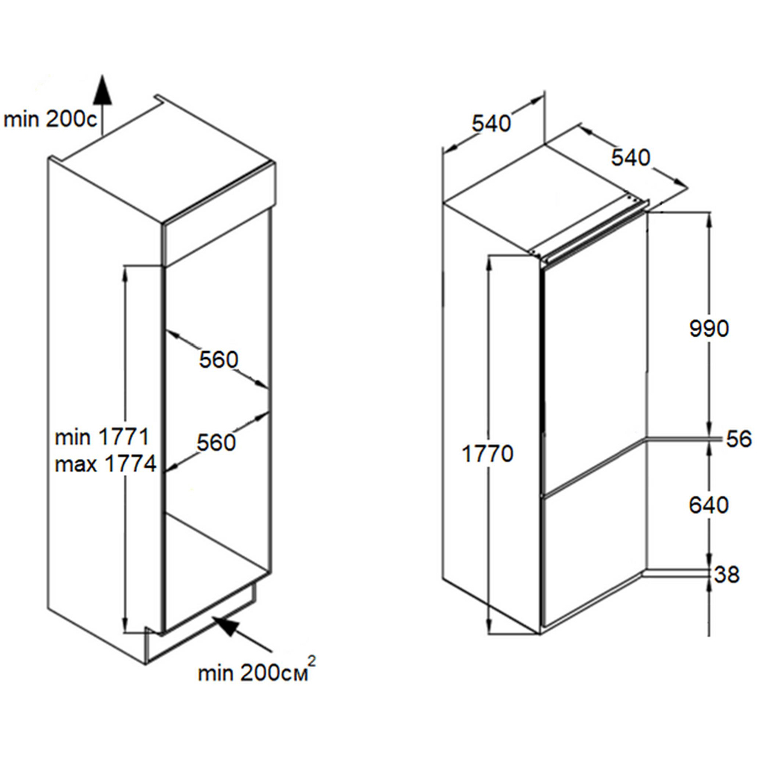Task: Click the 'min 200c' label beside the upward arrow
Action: pos(49,120)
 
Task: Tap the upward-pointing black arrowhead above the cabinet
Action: pos(103,89)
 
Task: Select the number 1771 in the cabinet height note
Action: pos(123,437)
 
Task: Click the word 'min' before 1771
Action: pos(73,437)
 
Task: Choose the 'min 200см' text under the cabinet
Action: pos(253,673)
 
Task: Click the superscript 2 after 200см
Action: pos(312,661)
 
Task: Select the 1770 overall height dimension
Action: pos(488,454)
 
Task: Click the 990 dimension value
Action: pos(709,329)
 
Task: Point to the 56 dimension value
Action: pos(739,439)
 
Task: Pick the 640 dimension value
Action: pos(709,505)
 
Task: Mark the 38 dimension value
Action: pos(727,574)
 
